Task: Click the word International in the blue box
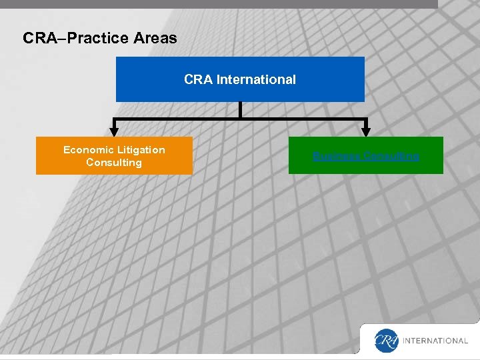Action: [x=256, y=79]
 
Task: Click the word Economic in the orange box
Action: [x=87, y=150]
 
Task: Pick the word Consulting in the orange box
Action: [x=114, y=163]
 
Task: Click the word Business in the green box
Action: [x=335, y=157]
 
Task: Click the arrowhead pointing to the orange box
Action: [x=114, y=132]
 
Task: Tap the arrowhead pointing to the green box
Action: [x=365, y=132]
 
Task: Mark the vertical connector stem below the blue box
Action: [x=240, y=110]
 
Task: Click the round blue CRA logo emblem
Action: [x=386, y=340]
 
